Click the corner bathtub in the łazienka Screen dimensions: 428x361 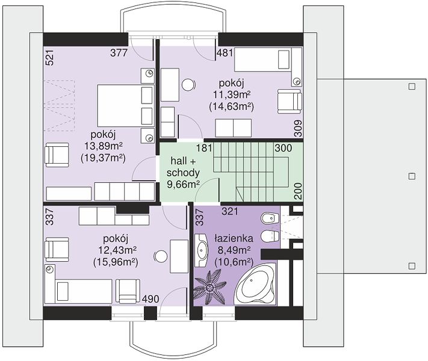(x=255, y=285)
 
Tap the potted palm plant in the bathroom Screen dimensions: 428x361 (x=210, y=286)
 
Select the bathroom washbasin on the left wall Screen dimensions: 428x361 (x=202, y=250)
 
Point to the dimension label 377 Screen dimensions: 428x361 (x=119, y=52)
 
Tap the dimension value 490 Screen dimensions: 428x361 (x=150, y=299)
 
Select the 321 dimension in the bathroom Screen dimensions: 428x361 (x=230, y=211)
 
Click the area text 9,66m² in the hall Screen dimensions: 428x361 (x=183, y=185)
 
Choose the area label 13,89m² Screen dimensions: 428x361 (x=103, y=146)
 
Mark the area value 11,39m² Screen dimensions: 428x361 (x=232, y=94)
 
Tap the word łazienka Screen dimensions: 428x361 (x=234, y=238)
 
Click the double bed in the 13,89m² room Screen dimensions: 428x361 (x=126, y=106)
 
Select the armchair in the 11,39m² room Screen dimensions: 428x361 (x=290, y=102)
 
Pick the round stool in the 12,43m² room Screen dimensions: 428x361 (x=161, y=256)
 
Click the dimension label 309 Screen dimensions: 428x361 (x=299, y=128)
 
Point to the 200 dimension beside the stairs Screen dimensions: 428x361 (x=299, y=191)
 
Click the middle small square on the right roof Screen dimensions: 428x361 (x=412, y=176)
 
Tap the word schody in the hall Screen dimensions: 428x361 (x=183, y=173)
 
